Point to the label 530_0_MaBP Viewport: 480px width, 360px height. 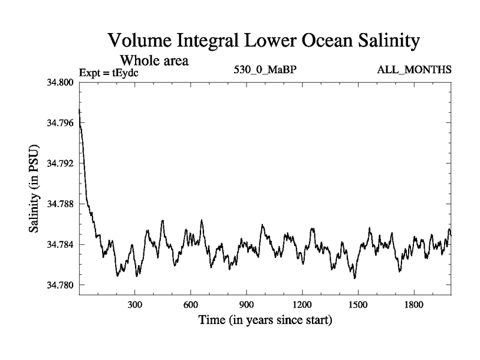pos(265,70)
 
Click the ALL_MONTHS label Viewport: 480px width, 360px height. pos(414,70)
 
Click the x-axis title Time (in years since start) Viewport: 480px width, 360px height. pos(265,320)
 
